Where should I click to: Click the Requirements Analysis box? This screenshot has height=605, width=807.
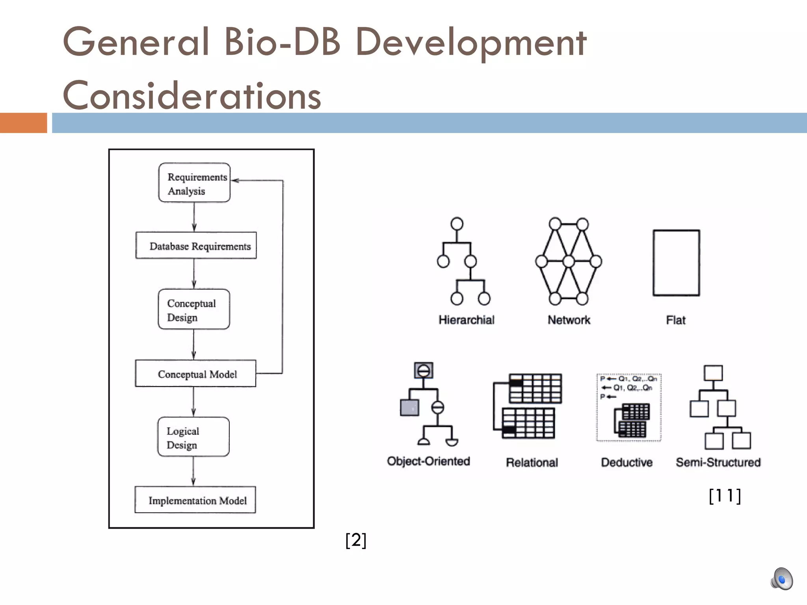(194, 183)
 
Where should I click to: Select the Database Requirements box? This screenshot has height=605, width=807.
(196, 246)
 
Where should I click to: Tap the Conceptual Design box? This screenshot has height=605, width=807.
(193, 310)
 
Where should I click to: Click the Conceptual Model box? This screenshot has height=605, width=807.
(195, 374)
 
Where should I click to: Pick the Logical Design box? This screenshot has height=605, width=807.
(193, 437)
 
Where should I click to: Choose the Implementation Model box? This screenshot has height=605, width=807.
(195, 500)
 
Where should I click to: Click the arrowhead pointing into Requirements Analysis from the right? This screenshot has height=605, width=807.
(235, 180)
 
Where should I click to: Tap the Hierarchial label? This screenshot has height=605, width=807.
(466, 320)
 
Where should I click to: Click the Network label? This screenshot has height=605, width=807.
(569, 320)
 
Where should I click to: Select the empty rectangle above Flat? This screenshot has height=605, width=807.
(676, 263)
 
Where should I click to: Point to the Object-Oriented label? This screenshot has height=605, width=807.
(428, 461)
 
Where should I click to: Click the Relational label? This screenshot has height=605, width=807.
(532, 462)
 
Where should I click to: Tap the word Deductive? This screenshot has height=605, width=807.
(627, 462)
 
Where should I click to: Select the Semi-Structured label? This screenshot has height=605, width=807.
(718, 462)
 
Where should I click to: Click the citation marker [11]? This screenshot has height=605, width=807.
(725, 496)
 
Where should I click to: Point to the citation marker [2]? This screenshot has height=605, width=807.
(355, 540)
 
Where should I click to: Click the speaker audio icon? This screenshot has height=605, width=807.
(781, 579)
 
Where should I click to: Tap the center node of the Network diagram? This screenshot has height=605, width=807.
(569, 261)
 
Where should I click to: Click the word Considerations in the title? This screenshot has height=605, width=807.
(192, 95)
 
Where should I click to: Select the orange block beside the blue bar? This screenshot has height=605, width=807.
(23, 123)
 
